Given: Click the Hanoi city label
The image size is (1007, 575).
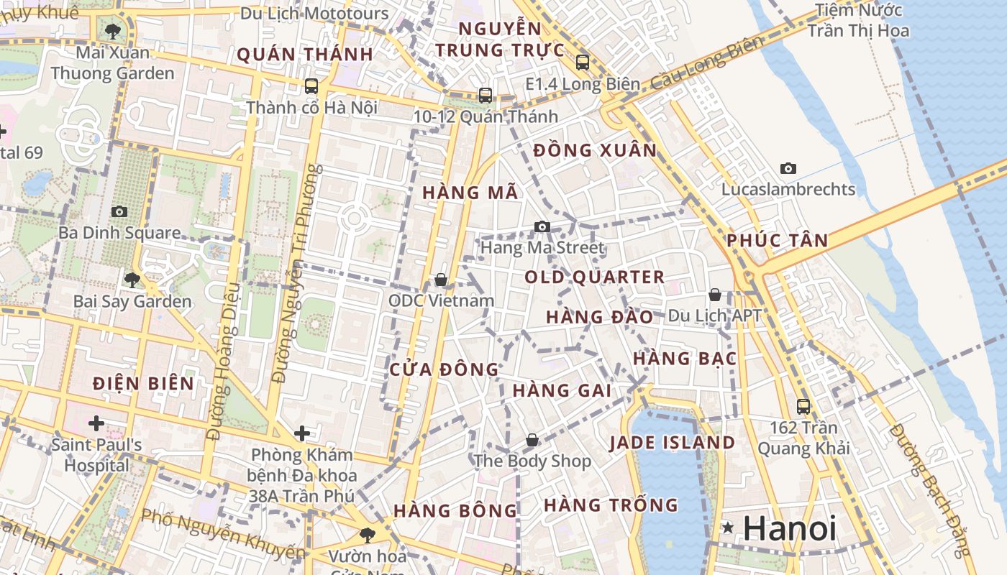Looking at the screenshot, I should pyautogui.click(x=789, y=529).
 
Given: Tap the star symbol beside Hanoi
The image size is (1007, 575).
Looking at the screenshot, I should pyautogui.click(x=728, y=528).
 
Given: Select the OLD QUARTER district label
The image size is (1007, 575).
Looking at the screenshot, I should pyautogui.click(x=594, y=277).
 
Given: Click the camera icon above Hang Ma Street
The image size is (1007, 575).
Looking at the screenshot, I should pyautogui.click(x=542, y=227).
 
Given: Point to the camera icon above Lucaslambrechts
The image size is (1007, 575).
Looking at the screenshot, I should pyautogui.click(x=788, y=169).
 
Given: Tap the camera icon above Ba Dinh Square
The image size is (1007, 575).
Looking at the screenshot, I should pyautogui.click(x=119, y=211).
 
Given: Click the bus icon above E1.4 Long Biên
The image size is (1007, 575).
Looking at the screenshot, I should pyautogui.click(x=583, y=63).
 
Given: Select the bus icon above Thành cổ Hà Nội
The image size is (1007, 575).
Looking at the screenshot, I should pyautogui.click(x=311, y=86).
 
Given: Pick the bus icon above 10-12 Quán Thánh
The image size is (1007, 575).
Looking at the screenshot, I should pyautogui.click(x=486, y=95).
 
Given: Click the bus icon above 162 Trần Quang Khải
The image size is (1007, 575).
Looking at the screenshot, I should pyautogui.click(x=803, y=406).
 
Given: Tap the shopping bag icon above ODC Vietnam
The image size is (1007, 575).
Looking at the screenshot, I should pyautogui.click(x=441, y=279).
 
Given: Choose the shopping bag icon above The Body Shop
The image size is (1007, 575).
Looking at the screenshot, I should pyautogui.click(x=532, y=439).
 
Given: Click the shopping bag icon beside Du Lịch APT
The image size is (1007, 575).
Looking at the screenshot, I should pyautogui.click(x=715, y=295).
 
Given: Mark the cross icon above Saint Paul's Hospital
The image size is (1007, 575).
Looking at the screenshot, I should pyautogui.click(x=96, y=423).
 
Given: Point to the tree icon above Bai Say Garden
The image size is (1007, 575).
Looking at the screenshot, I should pyautogui.click(x=132, y=280).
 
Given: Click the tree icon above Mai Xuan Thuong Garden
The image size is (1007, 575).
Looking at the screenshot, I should pyautogui.click(x=112, y=31).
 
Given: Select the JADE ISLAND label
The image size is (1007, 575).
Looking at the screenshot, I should pyautogui.click(x=673, y=443).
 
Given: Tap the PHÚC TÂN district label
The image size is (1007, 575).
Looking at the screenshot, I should pyautogui.click(x=777, y=241).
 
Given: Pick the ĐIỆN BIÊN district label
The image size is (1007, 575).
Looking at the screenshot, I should pyautogui.click(x=144, y=384).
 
